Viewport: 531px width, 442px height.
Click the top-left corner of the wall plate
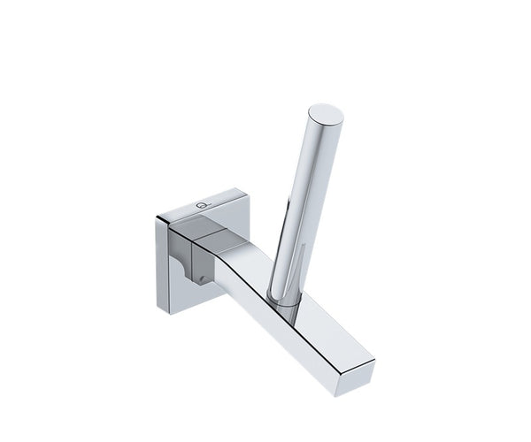point(160,213)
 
